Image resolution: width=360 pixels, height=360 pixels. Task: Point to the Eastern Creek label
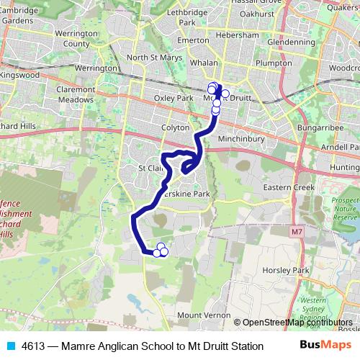coord(289,187)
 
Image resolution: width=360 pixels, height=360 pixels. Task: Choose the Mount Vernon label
coord(199,315)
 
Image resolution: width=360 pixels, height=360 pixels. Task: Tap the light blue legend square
coord(10,346)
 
